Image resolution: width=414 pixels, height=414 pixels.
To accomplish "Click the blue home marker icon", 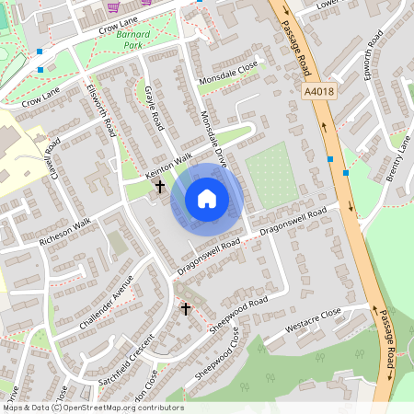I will [207, 199].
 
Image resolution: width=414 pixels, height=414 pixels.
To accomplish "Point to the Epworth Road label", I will [372, 56].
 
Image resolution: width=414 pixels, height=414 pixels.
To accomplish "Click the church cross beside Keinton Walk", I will [160, 187].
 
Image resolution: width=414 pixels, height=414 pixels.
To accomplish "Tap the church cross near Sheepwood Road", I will [185, 309].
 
